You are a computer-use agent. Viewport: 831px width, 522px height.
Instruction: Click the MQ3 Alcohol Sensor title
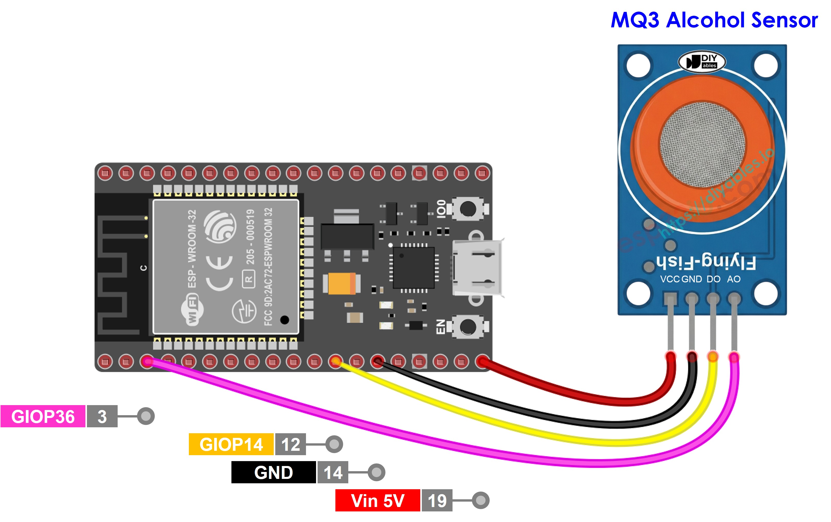tap(714, 20)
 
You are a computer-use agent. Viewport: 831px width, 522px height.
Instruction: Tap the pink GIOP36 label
tap(43, 416)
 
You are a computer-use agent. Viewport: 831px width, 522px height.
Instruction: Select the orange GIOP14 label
tap(231, 444)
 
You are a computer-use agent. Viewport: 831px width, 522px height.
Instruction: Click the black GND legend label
tap(273, 472)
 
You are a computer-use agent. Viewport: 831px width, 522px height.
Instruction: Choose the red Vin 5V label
tap(377, 501)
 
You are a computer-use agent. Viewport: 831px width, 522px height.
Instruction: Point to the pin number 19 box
tap(437, 501)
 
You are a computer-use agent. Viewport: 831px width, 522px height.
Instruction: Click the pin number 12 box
tap(290, 444)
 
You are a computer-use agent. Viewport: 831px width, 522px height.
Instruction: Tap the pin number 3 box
tap(102, 416)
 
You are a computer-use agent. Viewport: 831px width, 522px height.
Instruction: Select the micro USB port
tap(478, 268)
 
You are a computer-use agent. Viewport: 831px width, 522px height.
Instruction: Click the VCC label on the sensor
tap(669, 279)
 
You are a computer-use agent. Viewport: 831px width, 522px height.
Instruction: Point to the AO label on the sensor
tap(734, 279)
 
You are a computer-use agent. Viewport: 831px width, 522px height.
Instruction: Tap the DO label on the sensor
tap(713, 279)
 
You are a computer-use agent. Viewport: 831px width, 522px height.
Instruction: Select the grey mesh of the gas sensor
tap(702, 145)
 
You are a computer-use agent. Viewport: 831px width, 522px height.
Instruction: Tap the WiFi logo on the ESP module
tap(192, 309)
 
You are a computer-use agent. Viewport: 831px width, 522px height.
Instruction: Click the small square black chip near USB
tap(413, 268)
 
